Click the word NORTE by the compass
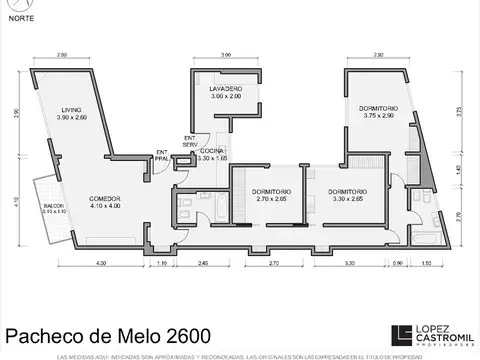[20, 17]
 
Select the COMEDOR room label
[104, 198]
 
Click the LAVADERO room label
[226, 90]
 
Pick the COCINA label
[214, 151]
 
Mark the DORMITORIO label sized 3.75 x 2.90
[379, 108]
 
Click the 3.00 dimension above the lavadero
[226, 54]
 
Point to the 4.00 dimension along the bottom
[101, 263]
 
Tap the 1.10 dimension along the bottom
[163, 263]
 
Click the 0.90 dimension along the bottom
[398, 263]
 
